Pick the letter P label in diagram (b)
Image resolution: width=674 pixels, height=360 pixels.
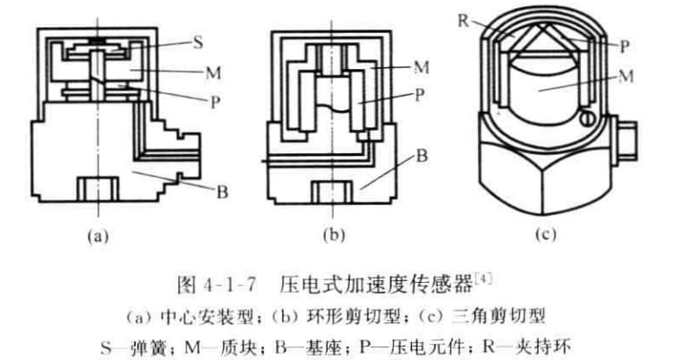419,92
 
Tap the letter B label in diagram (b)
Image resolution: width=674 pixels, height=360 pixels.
421,154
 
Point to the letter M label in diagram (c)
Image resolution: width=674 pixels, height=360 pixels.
626,75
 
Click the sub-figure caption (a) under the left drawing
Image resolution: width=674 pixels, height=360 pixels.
96,236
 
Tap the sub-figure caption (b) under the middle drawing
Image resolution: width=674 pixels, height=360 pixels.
329,236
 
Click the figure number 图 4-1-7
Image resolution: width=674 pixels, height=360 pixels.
211,287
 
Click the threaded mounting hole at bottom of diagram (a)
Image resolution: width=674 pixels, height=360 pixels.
95,190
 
